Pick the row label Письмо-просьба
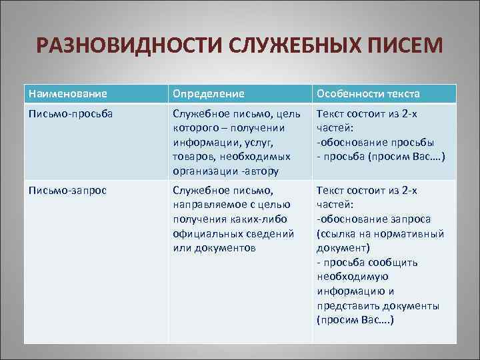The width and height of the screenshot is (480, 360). click(x=71, y=113)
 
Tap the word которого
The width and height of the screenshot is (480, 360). click(x=197, y=128)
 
